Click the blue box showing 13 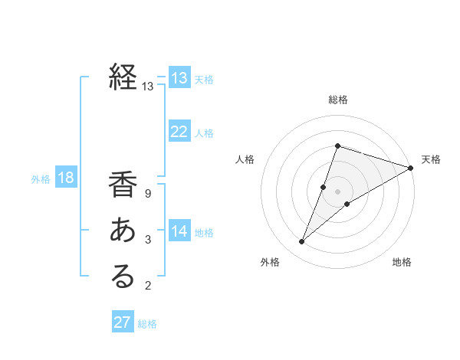pyautogui.click(x=179, y=77)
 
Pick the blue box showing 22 pyautogui.click(x=179, y=132)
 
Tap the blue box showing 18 pyautogui.click(x=66, y=178)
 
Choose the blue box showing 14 pyautogui.click(x=179, y=231)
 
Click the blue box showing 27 pyautogui.click(x=123, y=322)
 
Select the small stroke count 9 pyautogui.click(x=148, y=194)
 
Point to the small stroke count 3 pyautogui.click(x=148, y=240)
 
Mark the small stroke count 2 pyautogui.click(x=148, y=286)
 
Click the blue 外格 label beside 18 pyautogui.click(x=41, y=179)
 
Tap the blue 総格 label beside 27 pyautogui.click(x=147, y=323)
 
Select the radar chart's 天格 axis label pyautogui.click(x=431, y=159)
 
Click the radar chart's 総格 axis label pyautogui.click(x=338, y=100)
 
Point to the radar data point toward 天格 pyautogui.click(x=411, y=168)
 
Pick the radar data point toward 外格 pyautogui.click(x=302, y=242)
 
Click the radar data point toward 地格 pyautogui.click(x=347, y=204)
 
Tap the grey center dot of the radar pyautogui.click(x=338, y=191)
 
